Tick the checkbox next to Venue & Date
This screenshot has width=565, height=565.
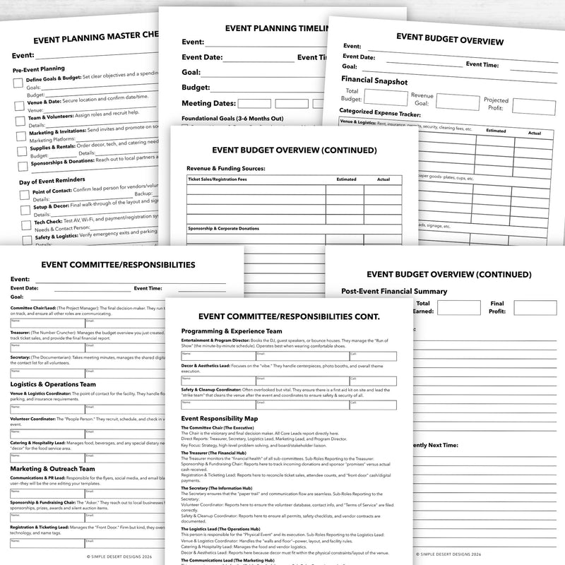pos(20,105)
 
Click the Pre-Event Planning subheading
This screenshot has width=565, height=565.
pos(44,70)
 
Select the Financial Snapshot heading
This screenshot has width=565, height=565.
pos(374,81)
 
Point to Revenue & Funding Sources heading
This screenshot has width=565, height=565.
pos(225,169)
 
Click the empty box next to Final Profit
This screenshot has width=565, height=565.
pos(530,307)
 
